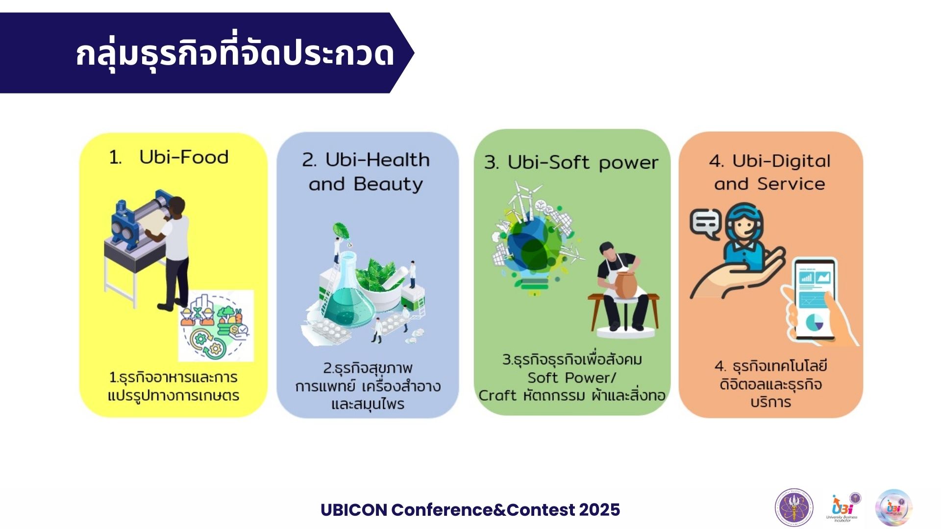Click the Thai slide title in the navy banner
click(235, 53)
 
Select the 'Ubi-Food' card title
click(184, 157)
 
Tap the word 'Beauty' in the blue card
click(388, 184)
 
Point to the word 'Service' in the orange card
click(791, 184)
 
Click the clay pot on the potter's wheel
click(625, 285)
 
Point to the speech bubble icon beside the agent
click(705, 223)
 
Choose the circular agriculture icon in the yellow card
click(216, 326)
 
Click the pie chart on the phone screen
click(815, 322)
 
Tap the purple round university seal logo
click(793, 508)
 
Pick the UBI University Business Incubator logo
click(843, 508)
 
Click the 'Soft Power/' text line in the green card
click(571, 378)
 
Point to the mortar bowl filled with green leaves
click(380, 279)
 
